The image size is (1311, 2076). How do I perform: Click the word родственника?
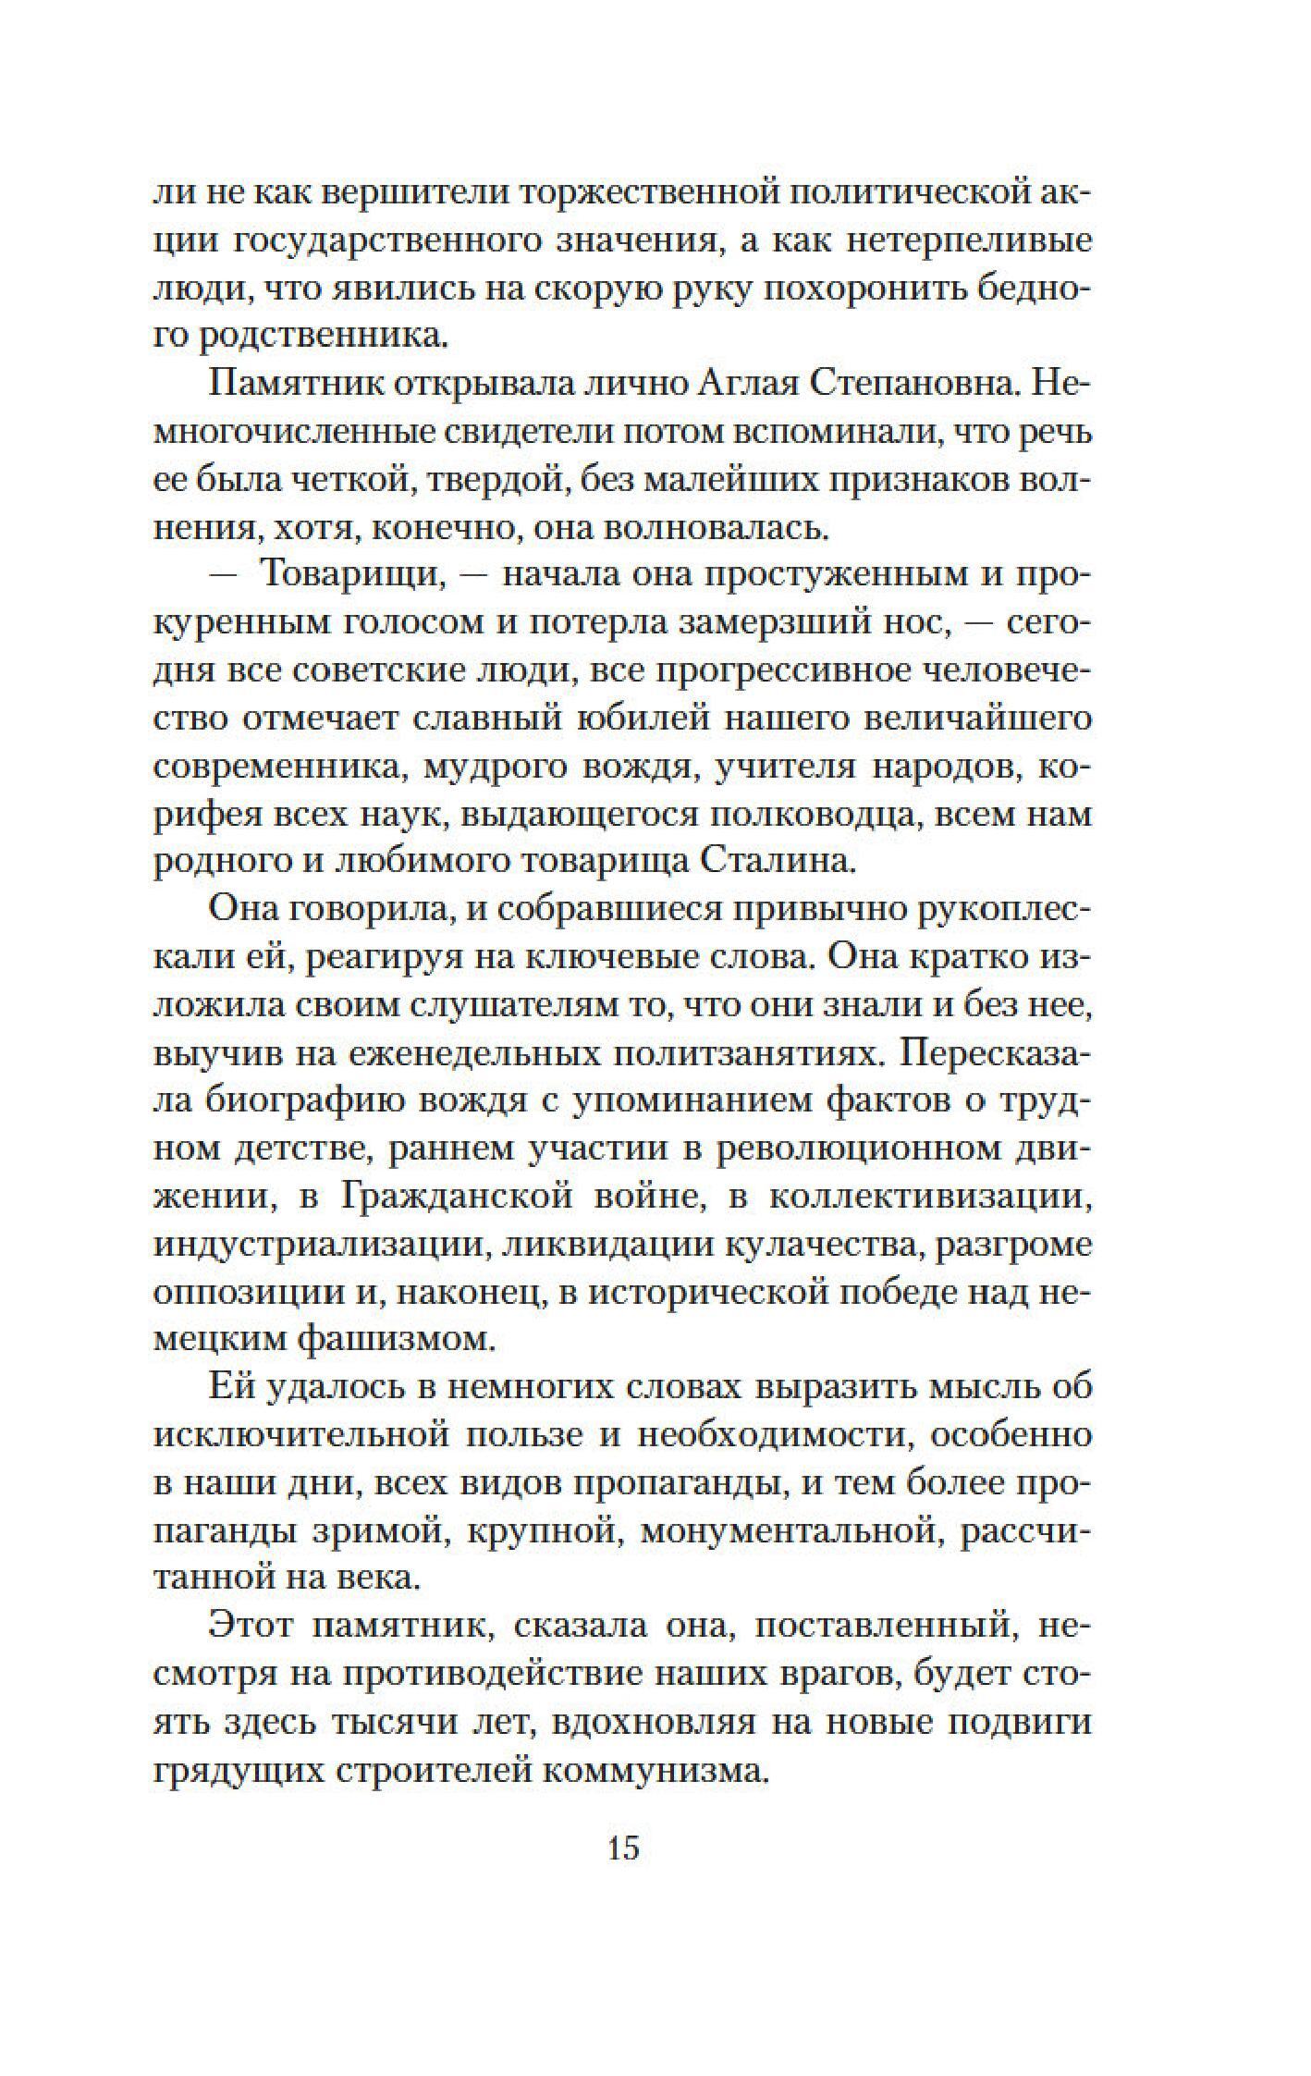click(325, 334)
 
